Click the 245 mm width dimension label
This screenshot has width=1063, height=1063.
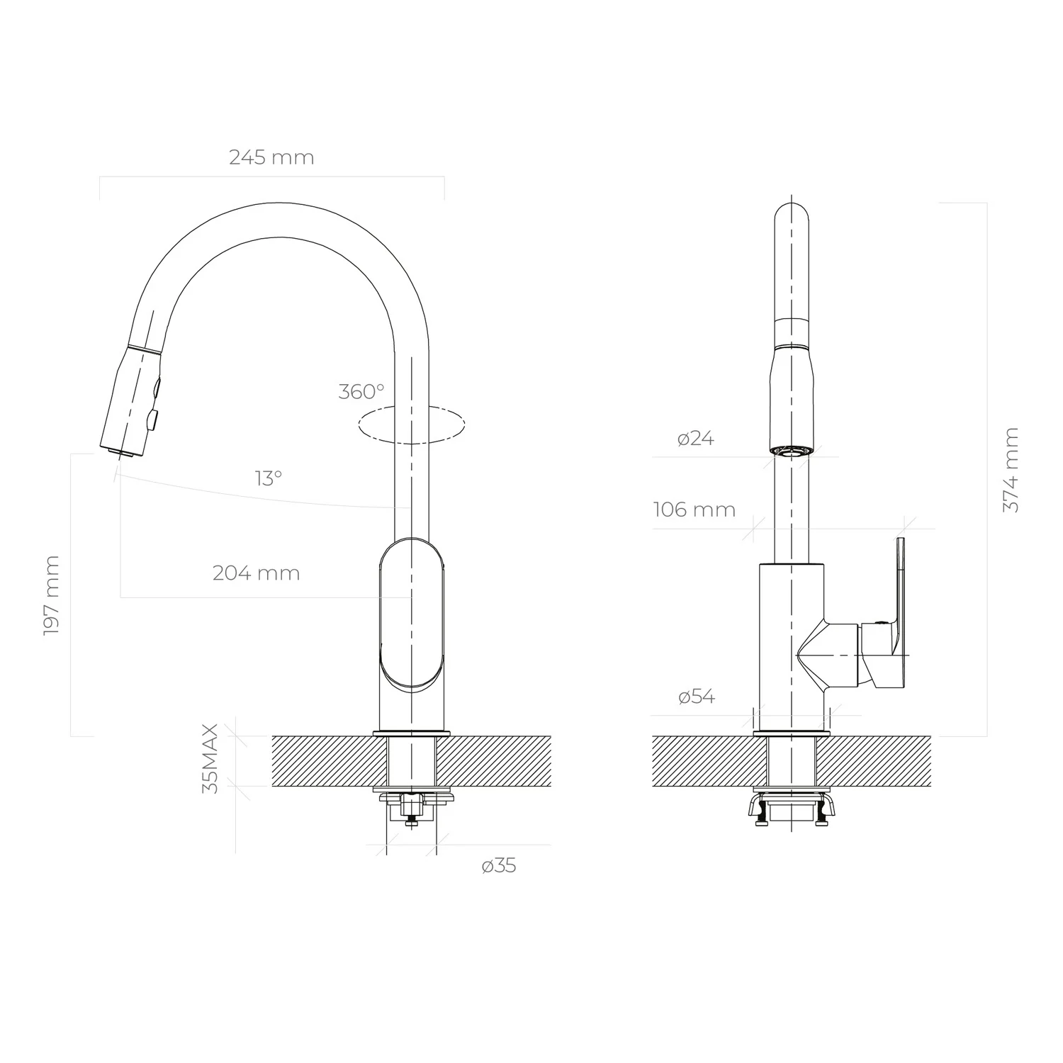point(271,157)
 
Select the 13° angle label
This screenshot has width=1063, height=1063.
point(269,478)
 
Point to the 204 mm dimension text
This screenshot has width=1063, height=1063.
point(256,573)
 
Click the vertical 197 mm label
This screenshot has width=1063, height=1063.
point(51,595)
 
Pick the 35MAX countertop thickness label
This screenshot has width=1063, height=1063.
point(210,758)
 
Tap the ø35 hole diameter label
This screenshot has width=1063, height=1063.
point(499,865)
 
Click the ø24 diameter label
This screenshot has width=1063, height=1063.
point(696,439)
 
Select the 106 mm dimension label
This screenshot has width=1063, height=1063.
point(694,510)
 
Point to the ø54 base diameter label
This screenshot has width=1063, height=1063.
point(697,697)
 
